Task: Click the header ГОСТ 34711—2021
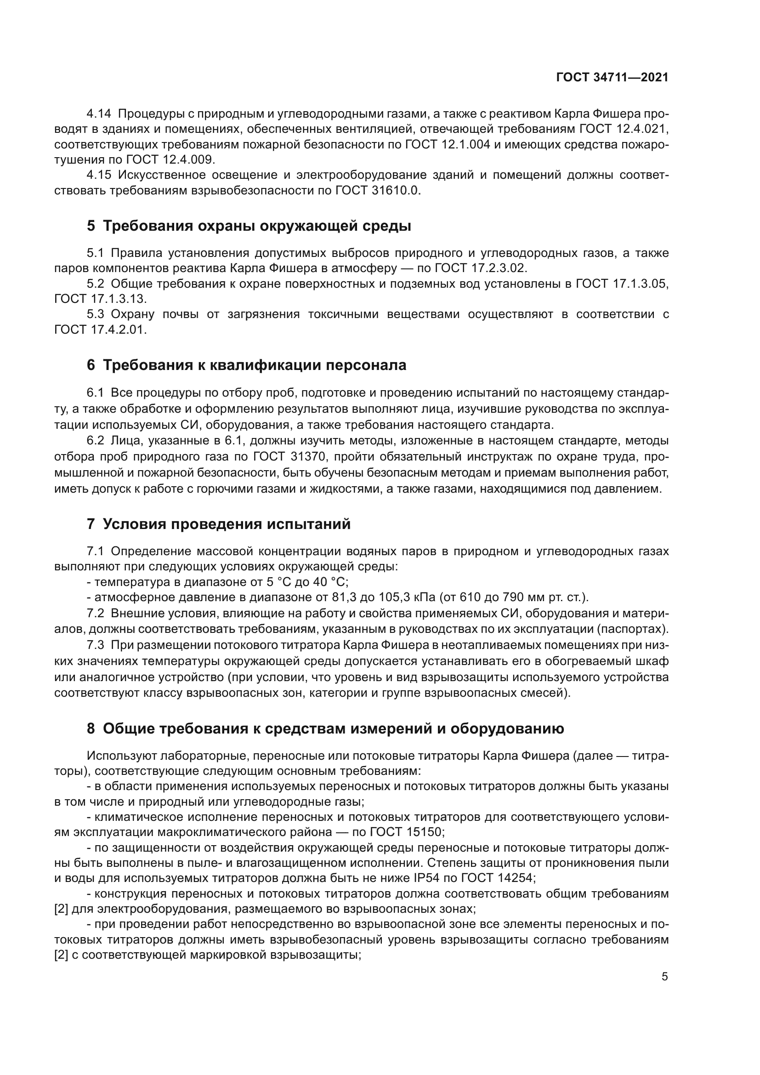pos(612,78)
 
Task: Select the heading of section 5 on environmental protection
pos(249,226)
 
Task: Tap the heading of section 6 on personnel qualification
pos(247,365)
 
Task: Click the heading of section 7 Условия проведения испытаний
pos(219,523)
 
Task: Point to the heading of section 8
pos(325,728)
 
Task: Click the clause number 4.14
pos(99,114)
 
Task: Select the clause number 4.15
pos(99,175)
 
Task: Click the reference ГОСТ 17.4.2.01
pos(100,330)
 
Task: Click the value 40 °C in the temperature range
pos(331,582)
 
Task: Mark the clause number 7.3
pos(96,645)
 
